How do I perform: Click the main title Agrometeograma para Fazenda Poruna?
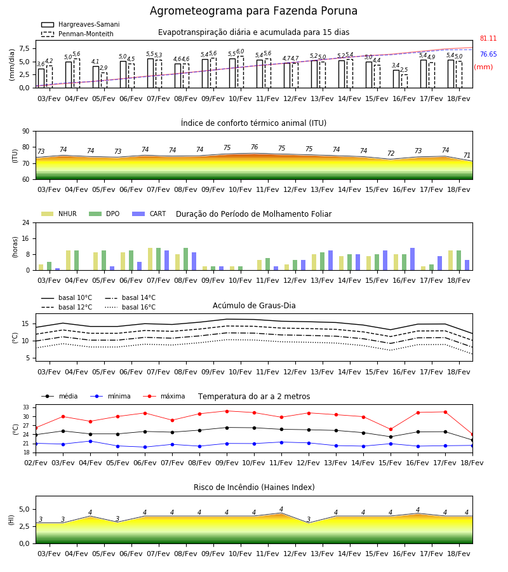[253, 11]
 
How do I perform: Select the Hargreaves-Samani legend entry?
[80, 24]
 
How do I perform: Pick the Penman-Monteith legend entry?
[77, 34]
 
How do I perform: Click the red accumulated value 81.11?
[488, 38]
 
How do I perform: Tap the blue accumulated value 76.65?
[488, 55]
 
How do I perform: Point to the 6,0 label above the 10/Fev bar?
[240, 51]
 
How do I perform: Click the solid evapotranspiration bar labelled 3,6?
[41, 78]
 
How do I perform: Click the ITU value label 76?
[255, 147]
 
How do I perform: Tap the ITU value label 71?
[467, 156]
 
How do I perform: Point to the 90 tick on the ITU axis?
[26, 132]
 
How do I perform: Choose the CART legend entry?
[149, 214]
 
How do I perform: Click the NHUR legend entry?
[59, 214]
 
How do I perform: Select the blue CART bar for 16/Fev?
[413, 259]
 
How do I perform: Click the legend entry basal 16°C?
[130, 307]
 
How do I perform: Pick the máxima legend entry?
[164, 396]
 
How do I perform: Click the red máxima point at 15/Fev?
[391, 430]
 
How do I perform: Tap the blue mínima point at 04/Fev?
[90, 442]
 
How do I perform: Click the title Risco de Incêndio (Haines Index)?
[254, 487]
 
